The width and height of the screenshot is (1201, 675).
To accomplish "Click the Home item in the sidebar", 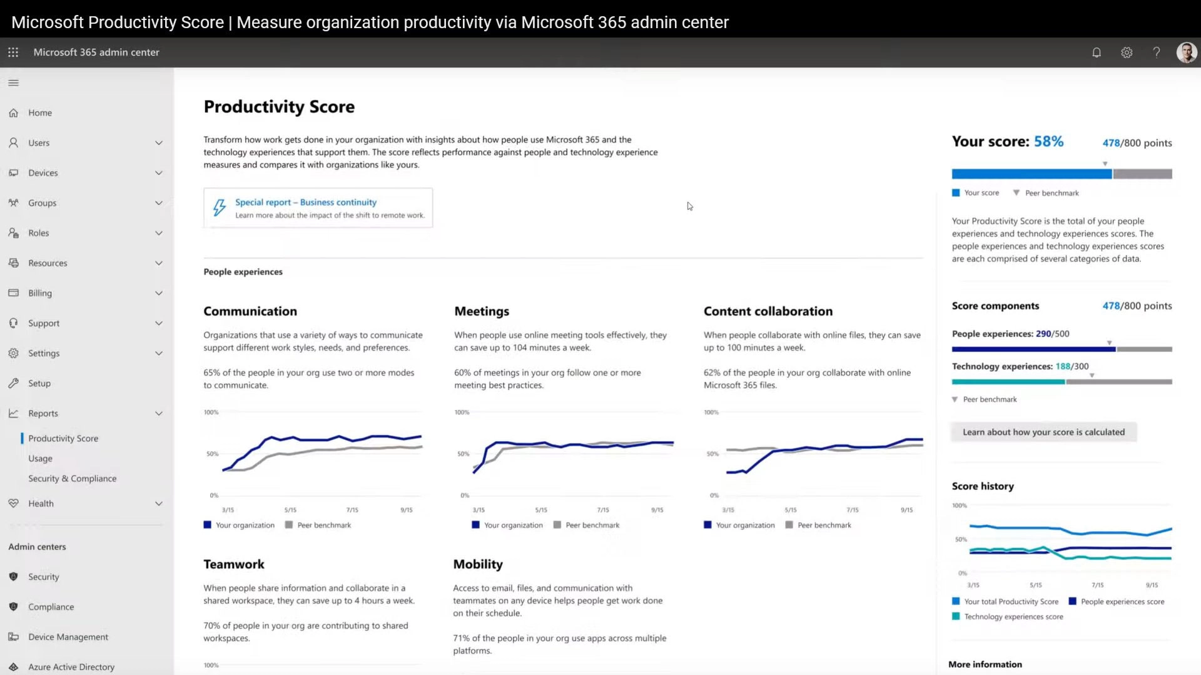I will [39, 112].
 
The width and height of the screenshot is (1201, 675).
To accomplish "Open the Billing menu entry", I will [40, 293].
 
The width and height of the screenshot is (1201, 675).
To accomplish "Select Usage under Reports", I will [40, 458].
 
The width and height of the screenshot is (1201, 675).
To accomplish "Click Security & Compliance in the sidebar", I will [72, 478].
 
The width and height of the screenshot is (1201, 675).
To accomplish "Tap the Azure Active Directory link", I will [71, 667].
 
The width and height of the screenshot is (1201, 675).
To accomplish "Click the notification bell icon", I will [1097, 52].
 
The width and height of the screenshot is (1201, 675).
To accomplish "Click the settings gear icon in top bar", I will [1127, 52].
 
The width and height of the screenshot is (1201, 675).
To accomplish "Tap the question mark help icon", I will [1157, 52].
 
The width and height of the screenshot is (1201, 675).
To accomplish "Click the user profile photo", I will [1186, 52].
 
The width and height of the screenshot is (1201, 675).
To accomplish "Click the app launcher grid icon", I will [13, 52].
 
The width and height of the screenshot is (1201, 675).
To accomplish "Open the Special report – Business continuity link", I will [305, 202].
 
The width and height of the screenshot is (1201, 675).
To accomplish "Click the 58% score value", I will [1048, 142].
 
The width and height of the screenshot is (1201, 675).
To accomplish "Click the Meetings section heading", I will [482, 311].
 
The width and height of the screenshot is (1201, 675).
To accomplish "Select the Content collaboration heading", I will [768, 311].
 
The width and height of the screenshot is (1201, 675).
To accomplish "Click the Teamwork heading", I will [233, 564].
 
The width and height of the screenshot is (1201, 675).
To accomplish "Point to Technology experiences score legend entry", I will [1013, 617].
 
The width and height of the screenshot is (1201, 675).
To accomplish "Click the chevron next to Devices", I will [159, 173].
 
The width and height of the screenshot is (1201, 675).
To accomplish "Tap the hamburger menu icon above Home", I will [14, 82].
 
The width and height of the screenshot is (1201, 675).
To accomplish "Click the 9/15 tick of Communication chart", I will [407, 510].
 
